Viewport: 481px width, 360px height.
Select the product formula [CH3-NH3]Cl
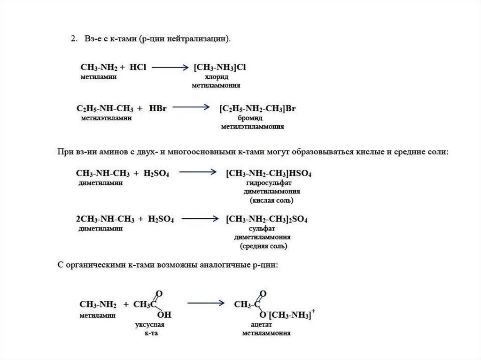(220, 68)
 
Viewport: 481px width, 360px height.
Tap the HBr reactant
(158, 109)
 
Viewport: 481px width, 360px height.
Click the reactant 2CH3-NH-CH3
(104, 219)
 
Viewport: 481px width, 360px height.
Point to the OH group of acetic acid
(164, 314)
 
